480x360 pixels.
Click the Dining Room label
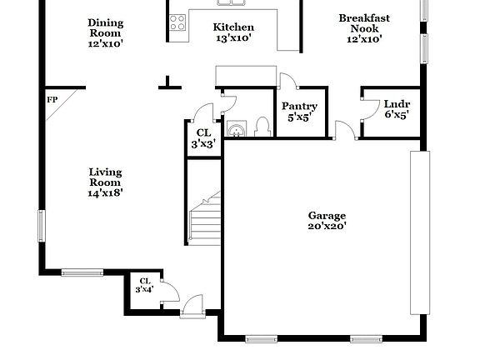pos(105,22)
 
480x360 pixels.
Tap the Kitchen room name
pos(233,27)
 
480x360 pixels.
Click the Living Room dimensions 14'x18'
pos(106,193)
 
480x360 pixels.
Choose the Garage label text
pos(327,215)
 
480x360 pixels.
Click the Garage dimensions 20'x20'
pos(327,226)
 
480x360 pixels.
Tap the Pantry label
pos(298,106)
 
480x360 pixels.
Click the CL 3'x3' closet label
pos(203,132)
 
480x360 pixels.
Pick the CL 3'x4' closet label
pos(145,281)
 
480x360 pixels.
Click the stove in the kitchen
pos(177,23)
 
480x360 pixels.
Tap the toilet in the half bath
pos(262,127)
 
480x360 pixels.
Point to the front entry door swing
pos(192,304)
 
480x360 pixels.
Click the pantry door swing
pos(287,81)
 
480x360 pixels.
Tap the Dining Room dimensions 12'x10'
pos(105,44)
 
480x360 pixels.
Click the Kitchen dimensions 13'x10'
pos(233,38)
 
